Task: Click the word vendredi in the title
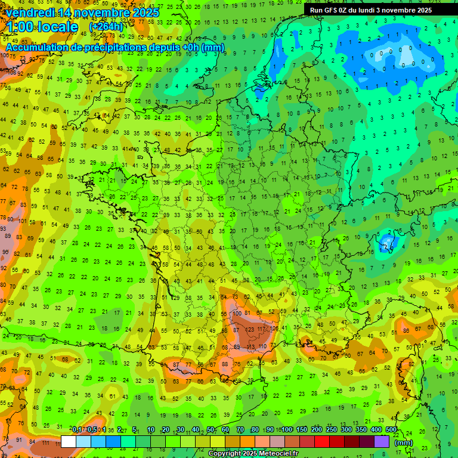pos(31,13)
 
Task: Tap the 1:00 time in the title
pos(21,27)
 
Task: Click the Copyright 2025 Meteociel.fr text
pos(253,453)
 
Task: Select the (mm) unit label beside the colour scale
pos(404,442)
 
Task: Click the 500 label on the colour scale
pos(391,429)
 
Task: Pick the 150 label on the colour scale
pos(302,429)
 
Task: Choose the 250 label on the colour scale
pos(332,429)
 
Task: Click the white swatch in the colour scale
pos(69,442)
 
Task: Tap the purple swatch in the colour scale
pos(382,442)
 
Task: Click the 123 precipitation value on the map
pos(250,329)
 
